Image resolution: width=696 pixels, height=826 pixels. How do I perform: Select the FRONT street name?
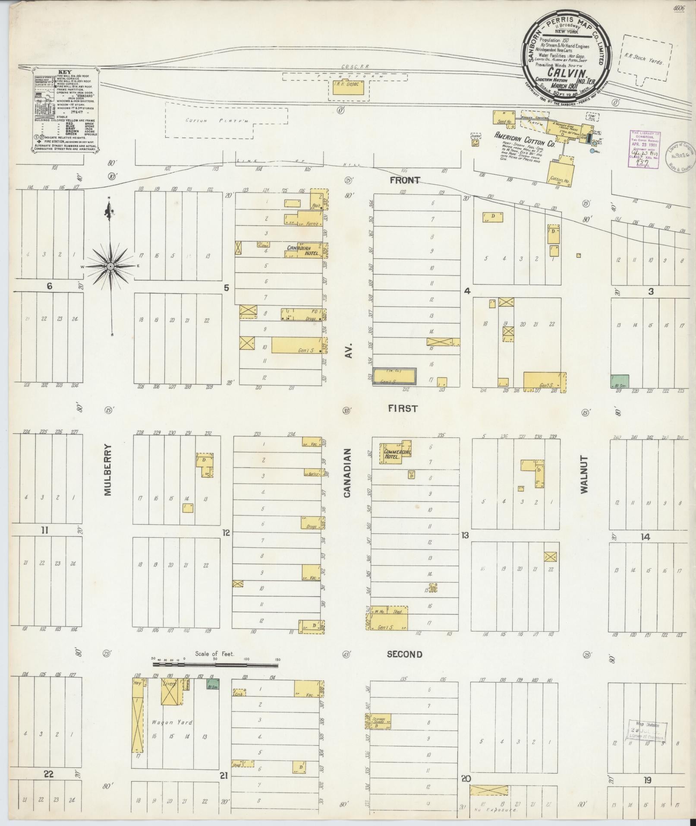[404, 180]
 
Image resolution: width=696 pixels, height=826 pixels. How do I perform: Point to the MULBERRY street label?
[107, 470]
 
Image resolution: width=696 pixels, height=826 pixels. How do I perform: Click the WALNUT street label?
[584, 474]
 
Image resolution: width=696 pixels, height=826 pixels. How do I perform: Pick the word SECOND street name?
[404, 654]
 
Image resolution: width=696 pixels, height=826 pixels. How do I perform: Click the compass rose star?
[110, 266]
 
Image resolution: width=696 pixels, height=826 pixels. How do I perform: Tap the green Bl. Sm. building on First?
[620, 382]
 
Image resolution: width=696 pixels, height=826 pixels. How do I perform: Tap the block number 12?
[226, 533]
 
